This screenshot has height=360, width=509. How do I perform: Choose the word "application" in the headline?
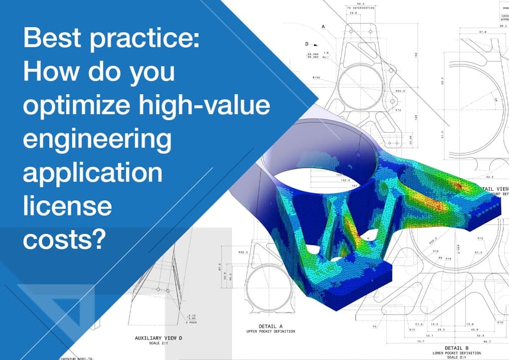pos(92,173)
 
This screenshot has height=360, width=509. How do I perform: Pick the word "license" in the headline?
pos(67,205)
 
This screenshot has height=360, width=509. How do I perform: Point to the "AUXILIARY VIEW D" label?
pos(159,338)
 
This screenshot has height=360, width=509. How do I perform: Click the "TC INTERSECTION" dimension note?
pos(356,8)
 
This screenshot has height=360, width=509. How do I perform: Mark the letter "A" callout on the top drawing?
pos(323,27)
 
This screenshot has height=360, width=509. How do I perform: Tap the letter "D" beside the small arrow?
pos(307,44)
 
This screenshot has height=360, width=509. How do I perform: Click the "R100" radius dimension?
pos(316,77)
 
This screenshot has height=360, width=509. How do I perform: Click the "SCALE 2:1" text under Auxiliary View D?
pos(159,343)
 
